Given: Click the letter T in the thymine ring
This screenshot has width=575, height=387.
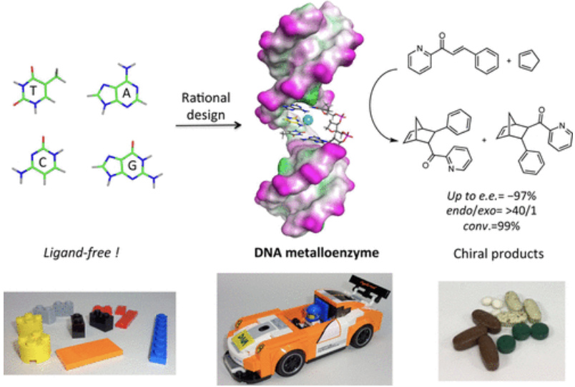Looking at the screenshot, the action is [34, 91].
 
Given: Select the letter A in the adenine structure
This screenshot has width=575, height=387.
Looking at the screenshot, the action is [126, 94].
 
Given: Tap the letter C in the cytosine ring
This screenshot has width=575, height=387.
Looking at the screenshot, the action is [42, 163].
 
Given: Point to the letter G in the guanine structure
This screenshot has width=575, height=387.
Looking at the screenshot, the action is [132, 166].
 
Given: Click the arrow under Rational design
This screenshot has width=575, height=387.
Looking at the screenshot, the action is [208, 126].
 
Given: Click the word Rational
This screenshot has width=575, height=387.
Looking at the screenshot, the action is [206, 98].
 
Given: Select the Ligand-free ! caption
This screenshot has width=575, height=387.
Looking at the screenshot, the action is [82, 253].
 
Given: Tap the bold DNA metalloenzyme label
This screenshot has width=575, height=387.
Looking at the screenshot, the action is [317, 253].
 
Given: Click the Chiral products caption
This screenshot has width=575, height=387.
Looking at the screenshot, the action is [498, 253].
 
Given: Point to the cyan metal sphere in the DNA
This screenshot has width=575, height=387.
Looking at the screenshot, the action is [308, 119].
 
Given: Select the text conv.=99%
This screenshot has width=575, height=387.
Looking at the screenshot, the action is [491, 226].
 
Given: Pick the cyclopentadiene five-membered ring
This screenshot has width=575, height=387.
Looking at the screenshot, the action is [529, 61].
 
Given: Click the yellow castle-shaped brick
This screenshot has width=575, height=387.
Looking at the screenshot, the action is [33, 338].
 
